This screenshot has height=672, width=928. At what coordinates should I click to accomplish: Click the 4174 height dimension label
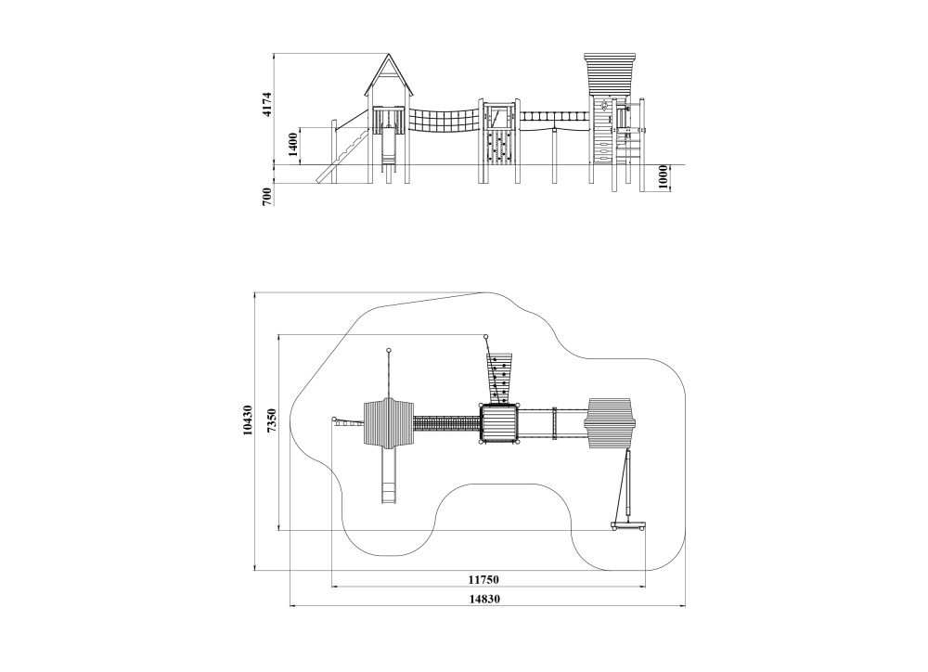pyautogui.click(x=267, y=104)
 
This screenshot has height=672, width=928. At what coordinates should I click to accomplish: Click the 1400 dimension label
pyautogui.click(x=293, y=145)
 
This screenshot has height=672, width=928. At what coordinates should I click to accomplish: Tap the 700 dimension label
pyautogui.click(x=267, y=196)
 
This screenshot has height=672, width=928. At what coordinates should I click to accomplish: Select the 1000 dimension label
pyautogui.click(x=663, y=177)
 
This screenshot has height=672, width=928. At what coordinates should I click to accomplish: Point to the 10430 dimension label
pyautogui.click(x=248, y=420)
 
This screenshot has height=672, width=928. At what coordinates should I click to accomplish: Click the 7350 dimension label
pyautogui.click(x=272, y=421)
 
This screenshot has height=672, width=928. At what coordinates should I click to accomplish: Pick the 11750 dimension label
pyautogui.click(x=483, y=579)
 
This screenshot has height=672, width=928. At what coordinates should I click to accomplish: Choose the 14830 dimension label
pyautogui.click(x=484, y=599)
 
